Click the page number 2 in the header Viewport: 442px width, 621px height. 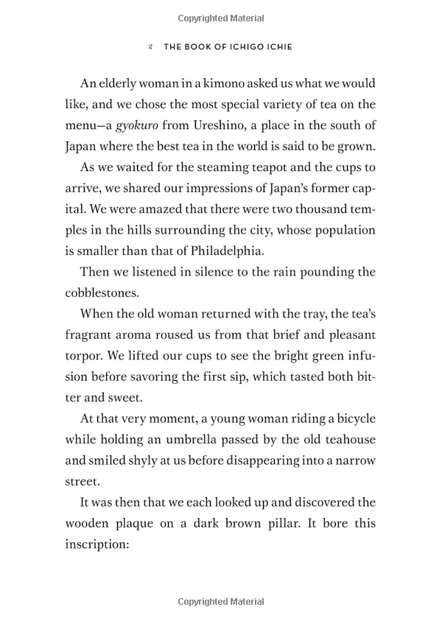pyautogui.click(x=150, y=46)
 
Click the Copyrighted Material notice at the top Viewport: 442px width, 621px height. pyautogui.click(x=220, y=15)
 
